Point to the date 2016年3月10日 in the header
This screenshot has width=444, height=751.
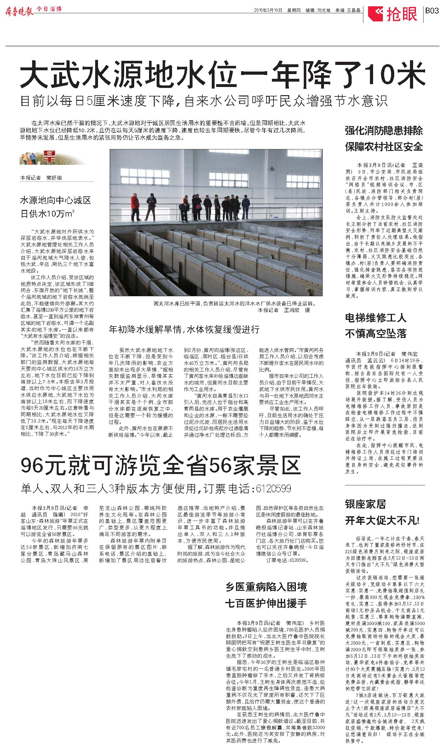tap(268, 10)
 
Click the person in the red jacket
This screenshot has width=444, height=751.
tap(135, 206)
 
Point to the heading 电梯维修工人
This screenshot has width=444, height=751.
tap(376, 318)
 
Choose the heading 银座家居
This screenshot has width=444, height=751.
tap(365, 504)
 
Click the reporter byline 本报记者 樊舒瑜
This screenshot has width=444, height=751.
tap(41, 178)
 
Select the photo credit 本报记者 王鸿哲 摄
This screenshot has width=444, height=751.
tap(284, 310)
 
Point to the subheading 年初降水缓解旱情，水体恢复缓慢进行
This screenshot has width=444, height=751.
tap(184, 330)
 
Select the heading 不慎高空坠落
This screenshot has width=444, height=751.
tap(376, 334)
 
